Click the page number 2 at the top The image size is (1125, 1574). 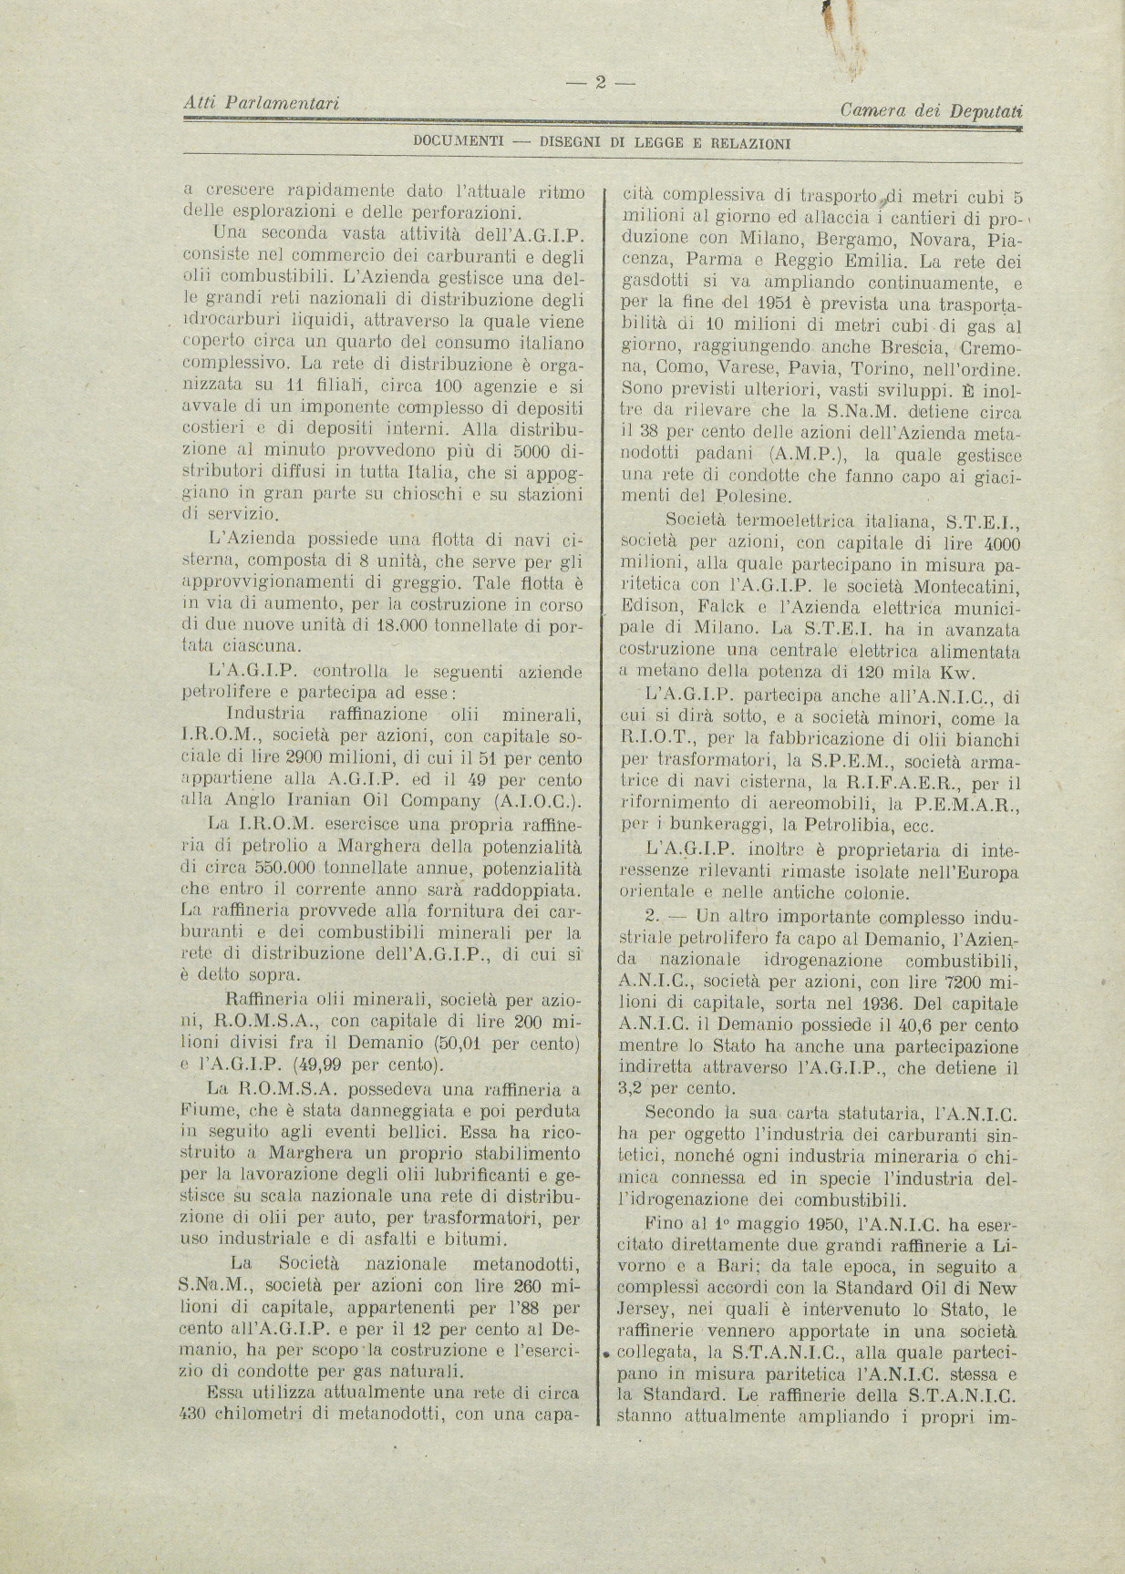click(x=601, y=83)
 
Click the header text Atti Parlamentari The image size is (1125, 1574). click(x=261, y=105)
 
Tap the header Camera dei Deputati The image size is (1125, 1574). click(x=932, y=110)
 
